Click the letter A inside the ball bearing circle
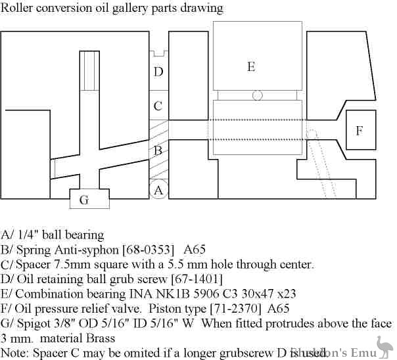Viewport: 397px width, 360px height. coord(158,191)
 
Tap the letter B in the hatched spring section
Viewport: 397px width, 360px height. coord(158,150)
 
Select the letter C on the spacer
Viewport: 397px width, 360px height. coord(158,106)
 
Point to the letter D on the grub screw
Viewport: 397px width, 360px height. coord(158,72)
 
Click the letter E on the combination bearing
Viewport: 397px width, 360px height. coord(250,66)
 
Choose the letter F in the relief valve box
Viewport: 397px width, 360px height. coord(359,131)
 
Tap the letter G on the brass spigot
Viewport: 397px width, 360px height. coord(84,200)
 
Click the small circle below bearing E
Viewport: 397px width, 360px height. coord(257,95)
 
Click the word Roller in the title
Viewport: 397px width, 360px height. coord(18,9)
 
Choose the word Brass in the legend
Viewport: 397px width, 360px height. coord(98,339)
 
